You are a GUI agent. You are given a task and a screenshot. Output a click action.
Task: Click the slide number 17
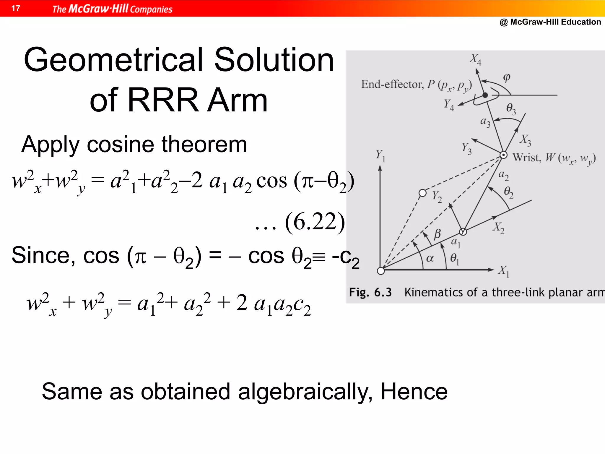click(x=16, y=8)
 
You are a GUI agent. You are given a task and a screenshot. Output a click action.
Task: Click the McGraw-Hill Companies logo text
click(x=112, y=9)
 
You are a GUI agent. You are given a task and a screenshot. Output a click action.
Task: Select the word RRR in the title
click(x=163, y=100)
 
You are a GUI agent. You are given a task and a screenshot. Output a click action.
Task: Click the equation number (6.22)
click(x=315, y=222)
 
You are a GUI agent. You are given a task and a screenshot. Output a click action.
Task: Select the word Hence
click(x=414, y=392)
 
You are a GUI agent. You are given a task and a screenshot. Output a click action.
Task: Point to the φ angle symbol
click(x=507, y=77)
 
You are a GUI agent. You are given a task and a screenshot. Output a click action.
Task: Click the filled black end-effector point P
click(x=485, y=95)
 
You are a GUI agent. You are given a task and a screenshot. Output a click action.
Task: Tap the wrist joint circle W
click(x=503, y=155)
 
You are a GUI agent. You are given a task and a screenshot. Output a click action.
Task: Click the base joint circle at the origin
click(x=381, y=271)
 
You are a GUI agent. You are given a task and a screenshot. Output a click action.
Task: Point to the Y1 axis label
click(x=380, y=155)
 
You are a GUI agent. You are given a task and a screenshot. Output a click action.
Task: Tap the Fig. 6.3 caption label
click(x=370, y=292)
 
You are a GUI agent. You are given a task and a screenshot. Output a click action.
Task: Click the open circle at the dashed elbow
click(x=423, y=193)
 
